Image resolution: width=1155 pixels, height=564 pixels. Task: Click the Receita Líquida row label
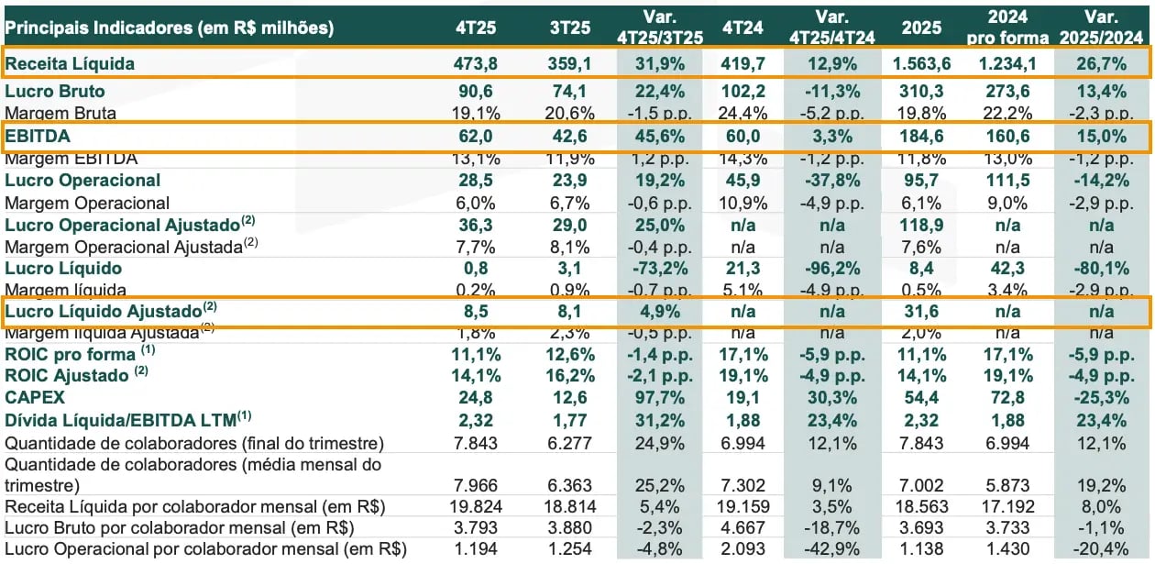click(x=70, y=63)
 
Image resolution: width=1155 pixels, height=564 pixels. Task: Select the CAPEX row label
click(x=31, y=398)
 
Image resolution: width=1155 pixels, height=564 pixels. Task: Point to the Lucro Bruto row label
click(x=55, y=91)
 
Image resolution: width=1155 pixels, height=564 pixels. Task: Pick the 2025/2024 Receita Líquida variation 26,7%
click(x=1103, y=63)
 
